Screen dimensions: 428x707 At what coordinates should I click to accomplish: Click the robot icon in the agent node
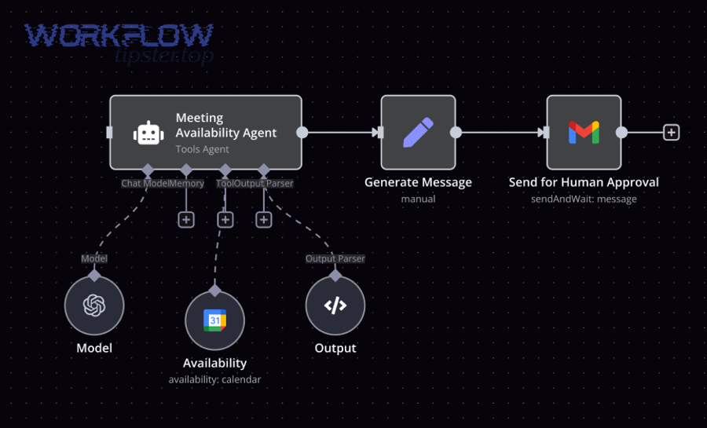pyautogui.click(x=148, y=133)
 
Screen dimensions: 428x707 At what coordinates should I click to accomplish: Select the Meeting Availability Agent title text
pyautogui.click(x=226, y=126)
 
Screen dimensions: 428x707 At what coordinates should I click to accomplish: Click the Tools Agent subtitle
pyautogui.click(x=202, y=149)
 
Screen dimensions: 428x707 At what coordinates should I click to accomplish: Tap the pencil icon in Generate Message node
pyautogui.click(x=418, y=133)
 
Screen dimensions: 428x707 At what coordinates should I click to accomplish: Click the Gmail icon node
pyautogui.click(x=584, y=133)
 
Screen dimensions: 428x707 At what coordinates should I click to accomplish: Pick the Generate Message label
pyautogui.click(x=418, y=182)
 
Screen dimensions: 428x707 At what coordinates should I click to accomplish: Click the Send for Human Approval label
pyautogui.click(x=584, y=182)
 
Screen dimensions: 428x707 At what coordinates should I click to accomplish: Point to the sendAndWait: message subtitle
pyautogui.click(x=584, y=199)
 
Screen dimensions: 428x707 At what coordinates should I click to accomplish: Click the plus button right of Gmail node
pyautogui.click(x=671, y=133)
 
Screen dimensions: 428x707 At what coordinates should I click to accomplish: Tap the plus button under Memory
pyautogui.click(x=186, y=219)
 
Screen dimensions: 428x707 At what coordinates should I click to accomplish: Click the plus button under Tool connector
pyautogui.click(x=225, y=219)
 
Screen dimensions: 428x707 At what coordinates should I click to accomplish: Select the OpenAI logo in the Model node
pyautogui.click(x=94, y=305)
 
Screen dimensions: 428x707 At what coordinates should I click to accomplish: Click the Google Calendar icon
pyautogui.click(x=214, y=320)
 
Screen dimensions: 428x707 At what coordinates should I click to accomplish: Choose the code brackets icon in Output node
pyautogui.click(x=335, y=305)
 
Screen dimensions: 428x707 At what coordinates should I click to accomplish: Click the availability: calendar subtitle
pyautogui.click(x=214, y=379)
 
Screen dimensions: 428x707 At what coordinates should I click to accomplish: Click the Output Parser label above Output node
pyautogui.click(x=335, y=258)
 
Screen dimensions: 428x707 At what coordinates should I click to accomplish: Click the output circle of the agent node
pyautogui.click(x=302, y=133)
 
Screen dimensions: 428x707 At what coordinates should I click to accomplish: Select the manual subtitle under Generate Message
pyautogui.click(x=418, y=199)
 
